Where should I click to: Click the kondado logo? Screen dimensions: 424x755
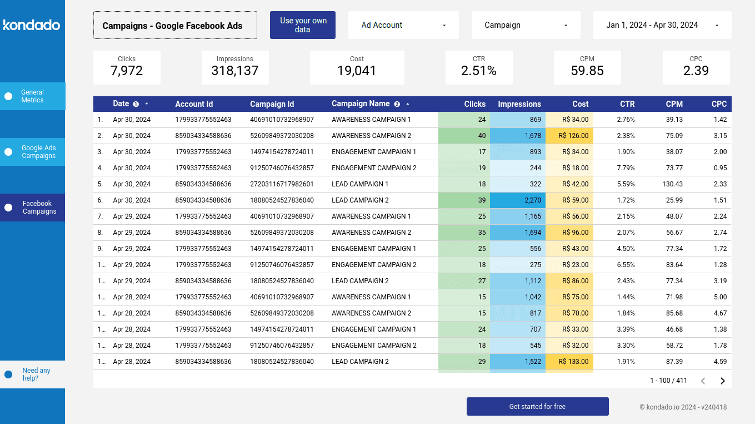tap(32, 25)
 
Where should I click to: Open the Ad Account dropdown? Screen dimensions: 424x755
tap(403, 25)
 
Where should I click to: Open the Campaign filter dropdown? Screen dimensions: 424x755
tap(526, 25)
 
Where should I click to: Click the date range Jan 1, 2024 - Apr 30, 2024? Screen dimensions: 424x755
tap(662, 25)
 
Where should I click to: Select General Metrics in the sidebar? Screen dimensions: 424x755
tap(32, 96)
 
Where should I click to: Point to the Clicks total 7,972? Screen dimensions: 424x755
tap(127, 71)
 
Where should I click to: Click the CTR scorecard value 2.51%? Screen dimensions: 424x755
tap(478, 71)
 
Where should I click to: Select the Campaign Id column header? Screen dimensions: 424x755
tap(272, 104)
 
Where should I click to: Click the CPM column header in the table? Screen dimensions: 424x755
tap(674, 104)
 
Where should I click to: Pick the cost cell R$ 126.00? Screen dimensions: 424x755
tap(575, 136)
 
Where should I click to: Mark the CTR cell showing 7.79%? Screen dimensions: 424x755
tap(626, 168)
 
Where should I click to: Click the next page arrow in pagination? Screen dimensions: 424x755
tap(723, 381)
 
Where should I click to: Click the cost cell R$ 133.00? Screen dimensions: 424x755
tap(575, 362)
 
